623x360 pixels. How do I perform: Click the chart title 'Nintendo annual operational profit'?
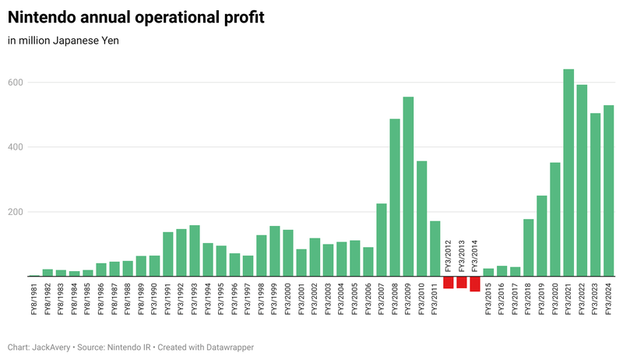(x=136, y=17)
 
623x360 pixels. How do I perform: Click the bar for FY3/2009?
(x=408, y=186)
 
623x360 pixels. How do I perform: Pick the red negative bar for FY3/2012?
(x=449, y=283)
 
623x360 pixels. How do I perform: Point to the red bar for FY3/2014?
(x=475, y=284)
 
